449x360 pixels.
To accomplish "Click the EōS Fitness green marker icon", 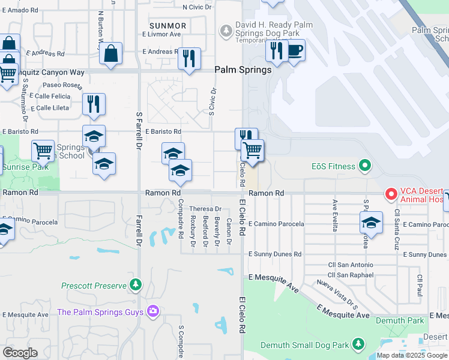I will pos(364,166).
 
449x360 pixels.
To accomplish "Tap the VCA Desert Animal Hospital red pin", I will pos(391,194).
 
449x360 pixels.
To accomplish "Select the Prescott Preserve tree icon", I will pos(136,284).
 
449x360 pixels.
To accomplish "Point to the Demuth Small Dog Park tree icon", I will pos(358,344).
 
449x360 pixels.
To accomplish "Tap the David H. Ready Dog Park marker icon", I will pos(226,29).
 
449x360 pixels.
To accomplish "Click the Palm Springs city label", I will pos(243,70).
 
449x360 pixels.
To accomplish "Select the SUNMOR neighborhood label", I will pos(169,26).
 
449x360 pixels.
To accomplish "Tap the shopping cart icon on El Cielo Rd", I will pos(252,151).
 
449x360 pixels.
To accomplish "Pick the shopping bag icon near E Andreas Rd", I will pos(111,54).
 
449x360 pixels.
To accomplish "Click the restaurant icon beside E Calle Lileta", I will pos(94,104).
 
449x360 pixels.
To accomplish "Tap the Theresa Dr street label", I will pos(206,209).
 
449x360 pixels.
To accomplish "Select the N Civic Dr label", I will pos(197,7).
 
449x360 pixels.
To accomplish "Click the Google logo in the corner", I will pos(20,353).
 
